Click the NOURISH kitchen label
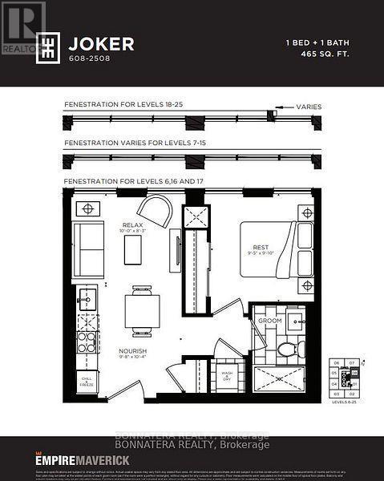click(131, 350)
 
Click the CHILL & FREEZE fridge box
click(87, 381)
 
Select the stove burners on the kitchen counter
click(87, 342)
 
